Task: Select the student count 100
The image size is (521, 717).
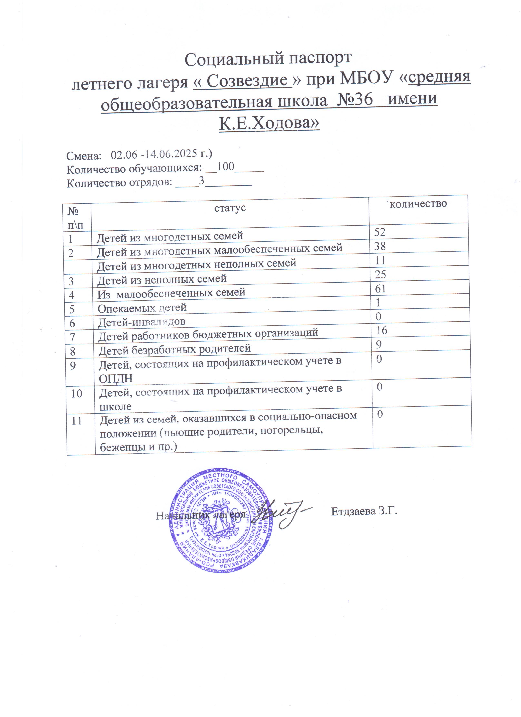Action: [x=226, y=167]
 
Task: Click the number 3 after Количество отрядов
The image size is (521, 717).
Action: [x=201, y=181]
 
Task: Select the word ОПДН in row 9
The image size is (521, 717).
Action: [x=116, y=378]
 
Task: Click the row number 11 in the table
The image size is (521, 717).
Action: [x=77, y=421]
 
